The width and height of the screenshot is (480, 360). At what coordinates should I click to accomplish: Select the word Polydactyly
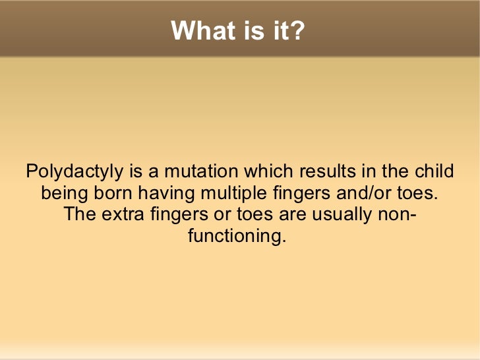point(75,172)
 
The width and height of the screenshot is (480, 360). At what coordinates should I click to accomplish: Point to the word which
point(270,172)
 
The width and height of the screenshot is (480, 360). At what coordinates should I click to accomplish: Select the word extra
point(123,215)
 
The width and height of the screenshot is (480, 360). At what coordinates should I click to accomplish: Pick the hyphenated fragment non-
point(395,215)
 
